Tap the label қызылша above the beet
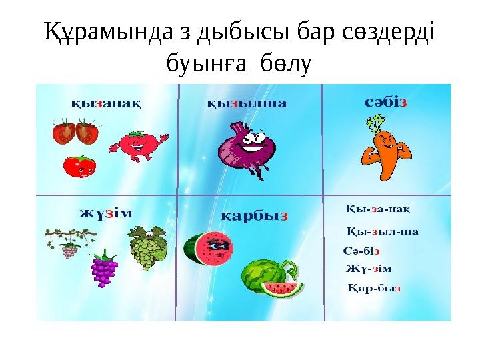click(246, 103)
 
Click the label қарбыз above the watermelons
click(254, 216)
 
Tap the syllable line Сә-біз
click(361, 251)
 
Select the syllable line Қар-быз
click(374, 289)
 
